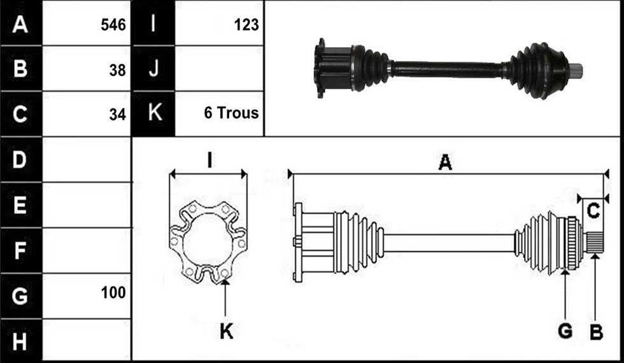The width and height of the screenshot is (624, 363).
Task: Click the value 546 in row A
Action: (x=113, y=25)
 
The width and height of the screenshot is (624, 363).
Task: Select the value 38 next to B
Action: (x=117, y=70)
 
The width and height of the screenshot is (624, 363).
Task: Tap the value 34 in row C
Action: (x=117, y=115)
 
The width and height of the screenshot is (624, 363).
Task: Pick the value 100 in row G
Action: (x=113, y=292)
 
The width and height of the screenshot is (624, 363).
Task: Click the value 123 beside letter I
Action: (x=246, y=25)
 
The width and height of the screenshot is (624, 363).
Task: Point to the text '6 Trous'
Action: (x=231, y=113)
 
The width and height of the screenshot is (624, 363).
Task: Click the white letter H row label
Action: (x=20, y=341)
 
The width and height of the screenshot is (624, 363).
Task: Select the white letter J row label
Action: (x=153, y=68)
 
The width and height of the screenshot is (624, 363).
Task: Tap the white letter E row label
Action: (x=20, y=205)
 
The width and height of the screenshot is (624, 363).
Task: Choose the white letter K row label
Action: (x=155, y=113)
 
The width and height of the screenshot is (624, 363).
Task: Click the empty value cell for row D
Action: (x=87, y=160)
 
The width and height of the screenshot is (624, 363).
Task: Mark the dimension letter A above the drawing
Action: (x=445, y=162)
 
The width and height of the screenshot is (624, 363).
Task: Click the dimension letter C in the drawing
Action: (x=593, y=211)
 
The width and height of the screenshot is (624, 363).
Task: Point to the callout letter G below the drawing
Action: (x=565, y=331)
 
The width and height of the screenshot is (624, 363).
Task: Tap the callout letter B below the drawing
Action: (x=596, y=332)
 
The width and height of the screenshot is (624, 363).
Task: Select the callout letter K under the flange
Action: (x=227, y=331)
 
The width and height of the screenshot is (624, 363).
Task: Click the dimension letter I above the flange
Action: (x=209, y=160)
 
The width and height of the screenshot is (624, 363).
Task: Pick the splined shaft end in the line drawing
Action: (x=595, y=243)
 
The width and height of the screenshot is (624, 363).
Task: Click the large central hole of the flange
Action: (x=208, y=241)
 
